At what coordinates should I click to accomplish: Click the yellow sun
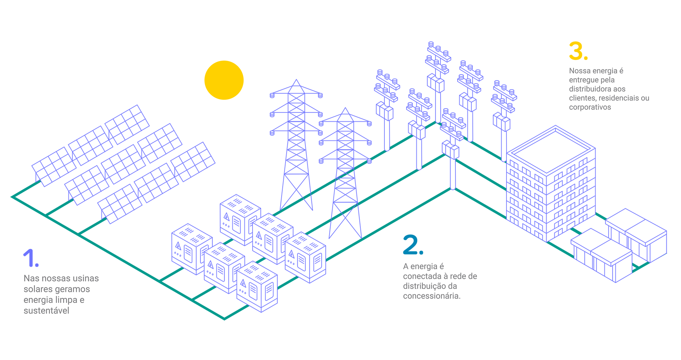point(224,80)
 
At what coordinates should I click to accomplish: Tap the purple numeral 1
point(29,258)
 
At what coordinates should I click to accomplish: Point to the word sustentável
point(46,311)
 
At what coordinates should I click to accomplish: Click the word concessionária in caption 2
point(431,296)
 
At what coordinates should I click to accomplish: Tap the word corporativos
point(590,107)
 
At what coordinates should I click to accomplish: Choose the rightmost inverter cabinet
point(306,257)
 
